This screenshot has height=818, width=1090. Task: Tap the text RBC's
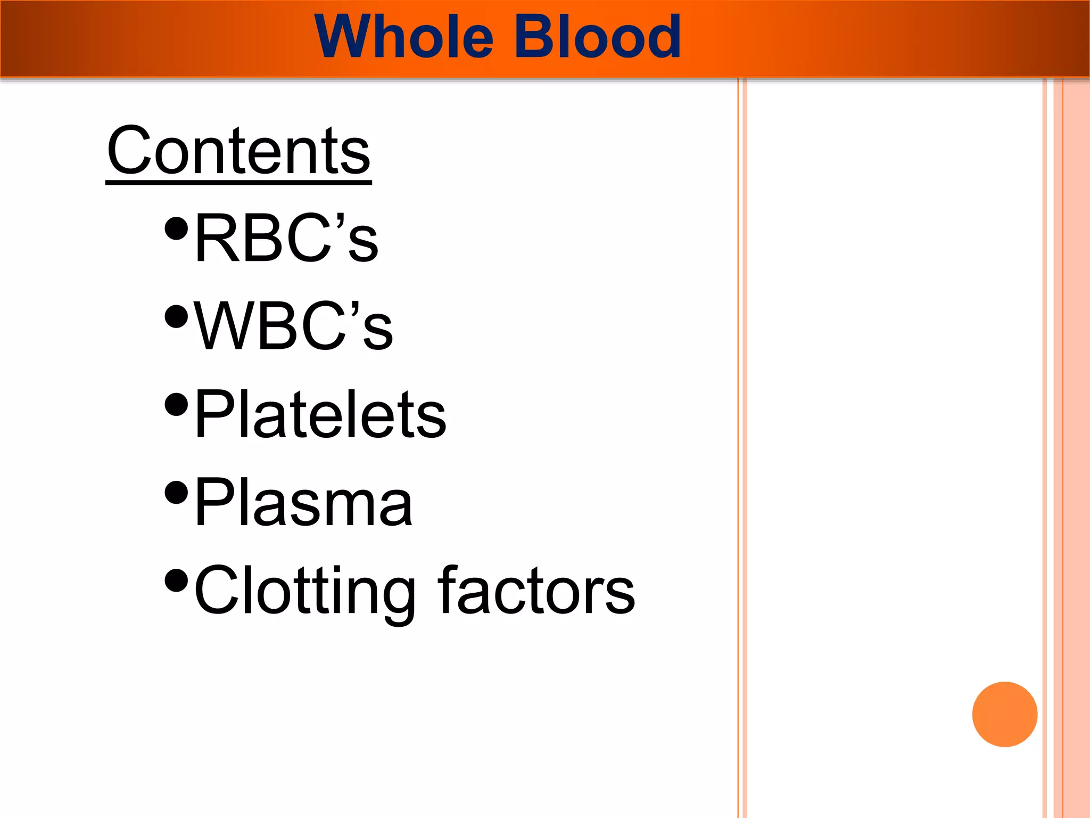[x=286, y=238]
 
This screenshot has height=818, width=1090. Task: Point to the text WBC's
[x=293, y=326]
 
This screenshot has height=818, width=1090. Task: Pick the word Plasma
[x=303, y=502]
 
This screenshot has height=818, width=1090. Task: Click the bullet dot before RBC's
[x=177, y=228]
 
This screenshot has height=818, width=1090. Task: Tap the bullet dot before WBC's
[x=177, y=316]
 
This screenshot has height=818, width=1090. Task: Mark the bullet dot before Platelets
[x=177, y=405]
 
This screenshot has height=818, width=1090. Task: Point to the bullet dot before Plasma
[x=177, y=493]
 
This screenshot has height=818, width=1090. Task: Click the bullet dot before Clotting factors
[x=177, y=581]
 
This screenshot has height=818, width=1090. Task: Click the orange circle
[x=1004, y=714]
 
